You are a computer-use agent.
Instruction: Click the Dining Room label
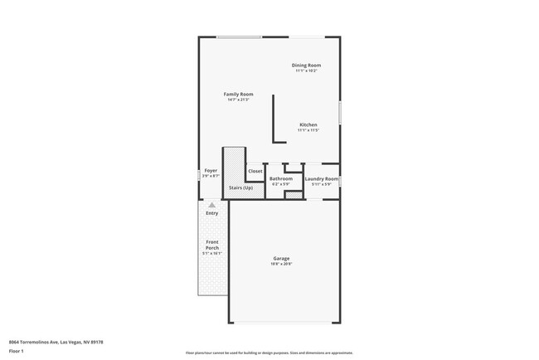tap(306, 65)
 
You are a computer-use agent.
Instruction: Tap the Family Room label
tap(238, 94)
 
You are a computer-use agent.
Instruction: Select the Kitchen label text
tap(308, 124)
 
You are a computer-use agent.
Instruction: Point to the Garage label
tap(281, 258)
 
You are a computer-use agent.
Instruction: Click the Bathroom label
tap(281, 178)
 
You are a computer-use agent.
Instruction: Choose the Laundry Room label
tap(321, 178)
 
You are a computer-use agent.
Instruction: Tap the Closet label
tap(255, 171)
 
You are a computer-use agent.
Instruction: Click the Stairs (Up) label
tap(240, 187)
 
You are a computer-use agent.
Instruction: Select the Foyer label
tap(211, 171)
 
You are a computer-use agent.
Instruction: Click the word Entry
tap(212, 213)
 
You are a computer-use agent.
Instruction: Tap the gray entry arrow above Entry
tap(212, 204)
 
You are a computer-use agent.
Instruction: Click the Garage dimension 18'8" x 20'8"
tap(281, 264)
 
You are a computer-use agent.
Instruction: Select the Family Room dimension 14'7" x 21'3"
tap(238, 100)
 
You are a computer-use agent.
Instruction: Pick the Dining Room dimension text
tap(306, 71)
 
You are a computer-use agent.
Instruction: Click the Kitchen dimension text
tap(308, 130)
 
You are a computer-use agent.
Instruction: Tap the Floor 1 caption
tap(17, 352)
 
